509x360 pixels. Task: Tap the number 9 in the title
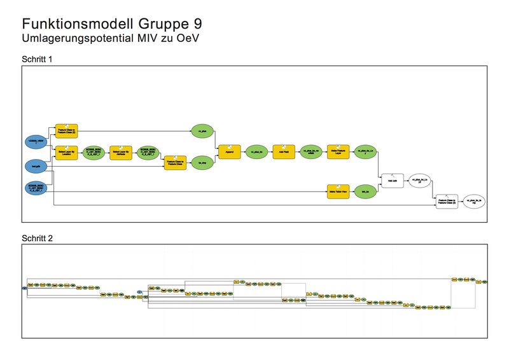(x=199, y=25)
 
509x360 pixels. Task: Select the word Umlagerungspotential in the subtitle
(x=80, y=38)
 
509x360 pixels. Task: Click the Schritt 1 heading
(x=37, y=59)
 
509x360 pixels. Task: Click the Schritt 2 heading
(x=37, y=239)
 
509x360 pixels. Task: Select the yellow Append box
(x=228, y=152)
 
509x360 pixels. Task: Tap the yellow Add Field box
(x=283, y=152)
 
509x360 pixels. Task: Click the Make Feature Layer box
(x=338, y=152)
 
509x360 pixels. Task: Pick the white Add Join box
(x=392, y=181)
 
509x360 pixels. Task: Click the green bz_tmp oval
(x=202, y=162)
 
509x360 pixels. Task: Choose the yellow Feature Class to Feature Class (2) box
(x=66, y=130)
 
